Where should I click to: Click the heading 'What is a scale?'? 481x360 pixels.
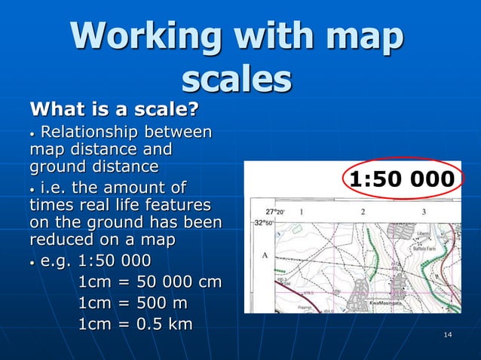pos(113,111)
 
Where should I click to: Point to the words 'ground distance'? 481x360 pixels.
pos(93,166)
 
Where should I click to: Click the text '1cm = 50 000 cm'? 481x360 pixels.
pos(150,282)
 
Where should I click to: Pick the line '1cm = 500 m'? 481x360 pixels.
pos(133,303)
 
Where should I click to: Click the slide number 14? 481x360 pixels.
pos(448,334)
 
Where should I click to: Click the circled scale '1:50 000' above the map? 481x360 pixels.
pos(402,179)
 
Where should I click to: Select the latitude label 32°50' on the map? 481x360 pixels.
pos(263,223)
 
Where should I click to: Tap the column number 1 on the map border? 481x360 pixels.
pos(302,212)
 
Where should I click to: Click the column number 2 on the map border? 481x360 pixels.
pos(363,212)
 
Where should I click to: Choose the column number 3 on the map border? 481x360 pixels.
pos(424,212)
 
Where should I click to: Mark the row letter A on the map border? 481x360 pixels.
pos(265,255)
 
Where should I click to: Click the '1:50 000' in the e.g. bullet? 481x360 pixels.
pos(114,261)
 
